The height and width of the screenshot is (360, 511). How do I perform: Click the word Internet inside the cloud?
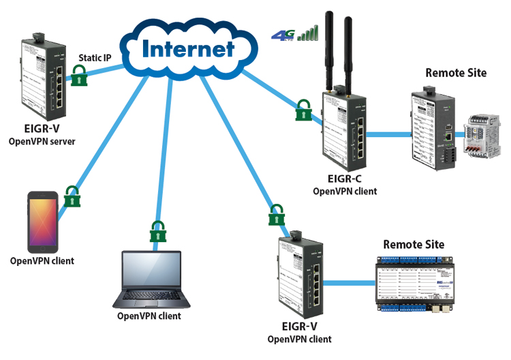[188, 48]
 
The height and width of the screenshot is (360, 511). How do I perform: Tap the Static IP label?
[95, 58]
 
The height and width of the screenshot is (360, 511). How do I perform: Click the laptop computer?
[151, 280]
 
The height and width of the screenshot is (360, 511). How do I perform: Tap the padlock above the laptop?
[158, 232]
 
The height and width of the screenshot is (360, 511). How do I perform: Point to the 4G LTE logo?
[283, 34]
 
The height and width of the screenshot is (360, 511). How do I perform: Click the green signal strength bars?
[309, 32]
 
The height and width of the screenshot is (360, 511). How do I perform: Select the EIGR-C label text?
[345, 179]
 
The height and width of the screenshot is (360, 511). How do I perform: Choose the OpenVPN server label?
[42, 141]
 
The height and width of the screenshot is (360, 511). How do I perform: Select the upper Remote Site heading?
[456, 72]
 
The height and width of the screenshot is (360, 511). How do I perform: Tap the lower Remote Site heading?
[413, 244]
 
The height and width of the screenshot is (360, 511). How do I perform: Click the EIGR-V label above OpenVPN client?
[299, 327]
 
